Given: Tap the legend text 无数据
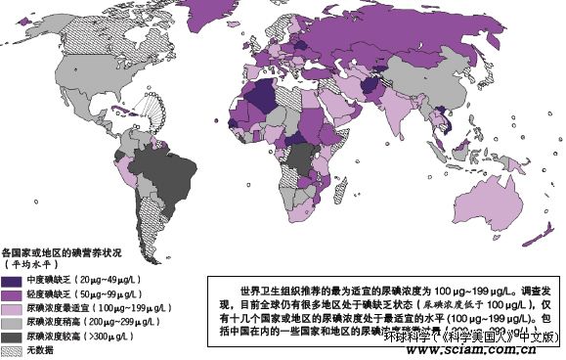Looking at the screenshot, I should click(38, 350).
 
